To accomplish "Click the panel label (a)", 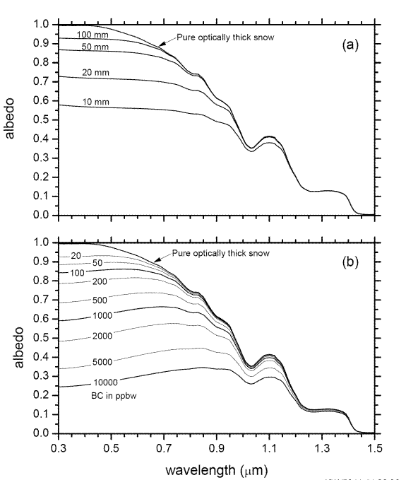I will pos(350,45).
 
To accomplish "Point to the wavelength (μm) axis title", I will pos(213,469).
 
